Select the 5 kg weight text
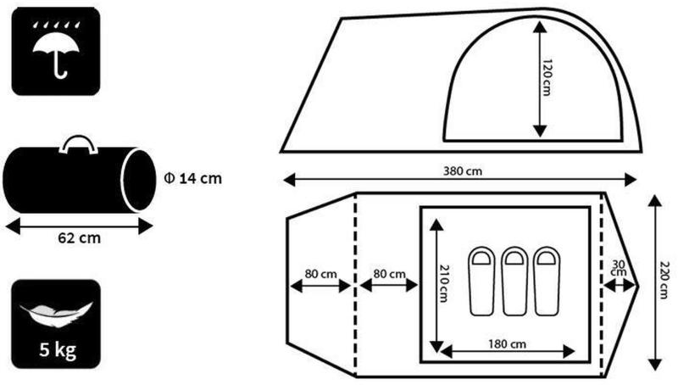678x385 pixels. pyautogui.click(x=58, y=350)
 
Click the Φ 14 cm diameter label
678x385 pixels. pyautogui.click(x=193, y=178)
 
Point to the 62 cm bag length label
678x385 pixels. pyautogui.click(x=79, y=238)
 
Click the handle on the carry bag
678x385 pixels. pyautogui.click(x=78, y=145)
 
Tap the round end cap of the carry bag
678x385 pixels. pyautogui.click(x=138, y=180)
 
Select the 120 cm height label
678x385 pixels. pyautogui.click(x=547, y=77)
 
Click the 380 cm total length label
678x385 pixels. pyautogui.click(x=462, y=171)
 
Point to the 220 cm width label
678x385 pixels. pyautogui.click(x=664, y=280)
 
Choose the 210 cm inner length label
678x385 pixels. pyautogui.click(x=444, y=283)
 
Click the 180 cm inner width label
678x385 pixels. pyautogui.click(x=507, y=344)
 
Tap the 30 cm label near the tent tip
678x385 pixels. pyautogui.click(x=619, y=268)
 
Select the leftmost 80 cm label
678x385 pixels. pyautogui.click(x=321, y=274)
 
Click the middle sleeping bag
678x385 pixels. pyautogui.click(x=514, y=282)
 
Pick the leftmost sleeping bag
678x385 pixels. pyautogui.click(x=481, y=282)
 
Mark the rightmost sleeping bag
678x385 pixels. pyautogui.click(x=547, y=282)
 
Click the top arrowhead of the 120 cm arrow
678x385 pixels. pyautogui.click(x=539, y=27)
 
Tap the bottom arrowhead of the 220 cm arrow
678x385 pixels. pyautogui.click(x=655, y=365)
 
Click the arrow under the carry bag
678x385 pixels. pyautogui.click(x=80, y=226)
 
